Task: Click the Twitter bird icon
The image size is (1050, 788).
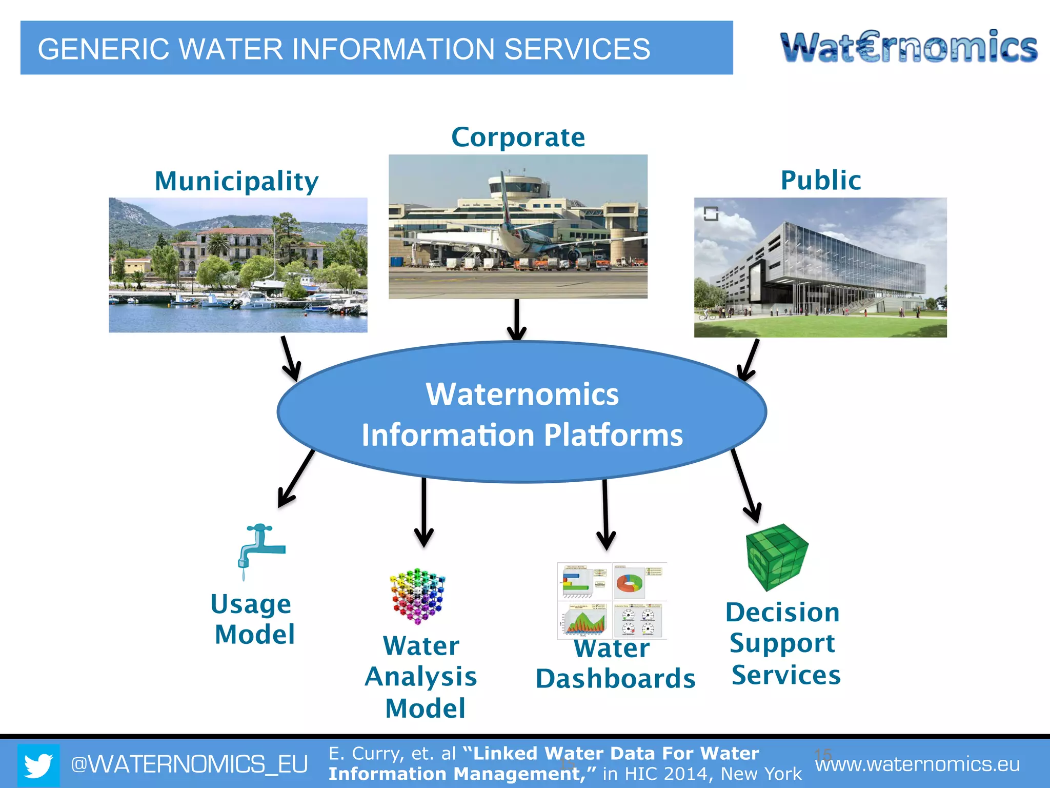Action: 38,765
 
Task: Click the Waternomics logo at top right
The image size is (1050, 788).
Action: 908,47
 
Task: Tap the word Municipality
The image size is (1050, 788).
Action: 237,181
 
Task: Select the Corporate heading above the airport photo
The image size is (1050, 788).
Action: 518,137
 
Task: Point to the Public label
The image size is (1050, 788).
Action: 820,181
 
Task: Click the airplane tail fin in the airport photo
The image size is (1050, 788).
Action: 506,197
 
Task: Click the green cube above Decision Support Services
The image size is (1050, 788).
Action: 777,556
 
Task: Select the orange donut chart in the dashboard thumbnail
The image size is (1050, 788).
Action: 630,583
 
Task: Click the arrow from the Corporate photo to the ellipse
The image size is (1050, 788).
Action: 517,320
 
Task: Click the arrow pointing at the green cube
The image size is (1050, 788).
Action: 743,485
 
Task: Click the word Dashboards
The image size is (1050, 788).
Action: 615,679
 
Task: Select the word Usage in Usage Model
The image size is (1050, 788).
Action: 251,604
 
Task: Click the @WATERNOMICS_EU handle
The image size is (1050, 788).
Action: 189,764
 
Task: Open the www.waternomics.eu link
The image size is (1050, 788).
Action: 917,764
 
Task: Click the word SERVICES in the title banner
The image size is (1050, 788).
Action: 577,49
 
